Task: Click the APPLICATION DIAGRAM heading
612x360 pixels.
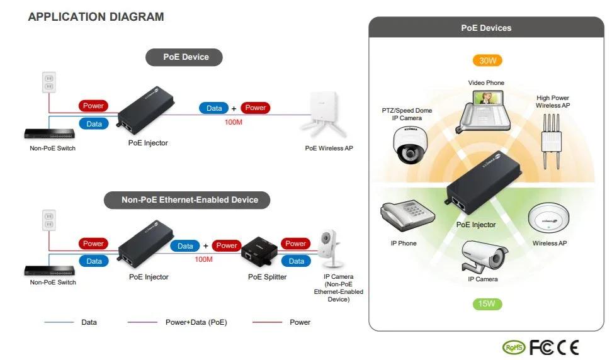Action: [96, 17]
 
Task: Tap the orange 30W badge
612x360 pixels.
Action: [487, 60]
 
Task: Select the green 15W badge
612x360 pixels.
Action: [487, 304]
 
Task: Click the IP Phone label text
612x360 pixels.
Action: [403, 244]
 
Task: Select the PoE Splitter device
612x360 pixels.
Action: [259, 252]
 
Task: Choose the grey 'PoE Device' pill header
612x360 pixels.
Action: [186, 57]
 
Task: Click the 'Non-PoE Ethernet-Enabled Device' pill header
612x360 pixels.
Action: [190, 200]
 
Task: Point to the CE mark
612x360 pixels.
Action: [568, 347]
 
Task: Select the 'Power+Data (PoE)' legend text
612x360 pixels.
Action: [196, 322]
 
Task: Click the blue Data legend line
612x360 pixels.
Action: [59, 322]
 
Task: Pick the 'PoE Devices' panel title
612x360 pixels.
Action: [486, 28]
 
